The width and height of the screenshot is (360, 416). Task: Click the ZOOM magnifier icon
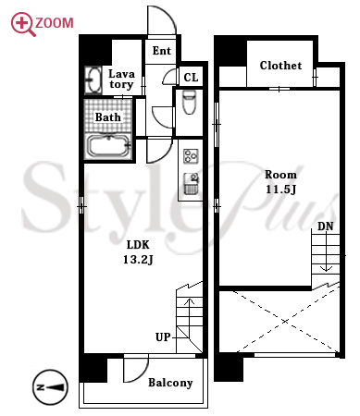[x=21, y=24]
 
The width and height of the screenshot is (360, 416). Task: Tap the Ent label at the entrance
[x=162, y=51]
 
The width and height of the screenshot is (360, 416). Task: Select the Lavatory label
[x=121, y=79]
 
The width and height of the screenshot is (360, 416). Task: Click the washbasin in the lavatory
[x=93, y=80]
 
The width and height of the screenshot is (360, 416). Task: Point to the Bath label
[x=107, y=117]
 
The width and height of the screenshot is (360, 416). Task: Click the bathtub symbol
[x=108, y=146]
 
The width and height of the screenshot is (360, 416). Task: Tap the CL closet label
[x=191, y=77]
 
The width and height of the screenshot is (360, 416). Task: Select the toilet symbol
[x=189, y=102]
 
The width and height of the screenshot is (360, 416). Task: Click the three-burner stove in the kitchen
[x=191, y=156]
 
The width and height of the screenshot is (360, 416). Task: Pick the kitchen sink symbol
[x=191, y=184]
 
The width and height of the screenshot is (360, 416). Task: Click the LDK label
[x=138, y=245]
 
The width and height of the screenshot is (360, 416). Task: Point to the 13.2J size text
[x=138, y=260]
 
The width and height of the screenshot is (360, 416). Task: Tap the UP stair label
[x=163, y=337]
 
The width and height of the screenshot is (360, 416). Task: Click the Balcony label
[x=170, y=383]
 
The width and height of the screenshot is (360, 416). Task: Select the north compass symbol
[x=50, y=387]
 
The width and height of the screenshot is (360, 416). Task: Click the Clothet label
[x=280, y=66]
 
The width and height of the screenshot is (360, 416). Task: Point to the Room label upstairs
[x=280, y=175]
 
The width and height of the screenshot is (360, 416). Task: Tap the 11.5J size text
[x=280, y=190]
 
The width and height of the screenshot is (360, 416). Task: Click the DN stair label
[x=326, y=226]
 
